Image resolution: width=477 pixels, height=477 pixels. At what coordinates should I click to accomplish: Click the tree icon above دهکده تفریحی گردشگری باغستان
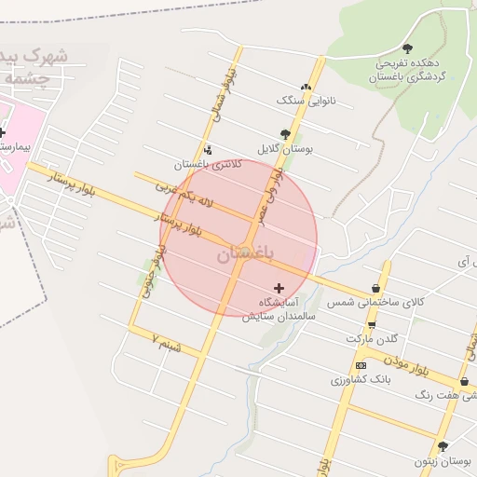pos(407,48)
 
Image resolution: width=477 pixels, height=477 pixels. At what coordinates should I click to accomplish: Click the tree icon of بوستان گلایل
pos(285,134)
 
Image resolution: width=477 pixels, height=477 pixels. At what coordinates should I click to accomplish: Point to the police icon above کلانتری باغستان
pos(207,149)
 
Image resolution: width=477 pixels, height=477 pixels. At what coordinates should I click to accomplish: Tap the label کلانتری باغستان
pos(208,165)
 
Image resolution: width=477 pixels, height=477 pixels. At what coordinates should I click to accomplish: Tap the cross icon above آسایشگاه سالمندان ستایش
pos(279,289)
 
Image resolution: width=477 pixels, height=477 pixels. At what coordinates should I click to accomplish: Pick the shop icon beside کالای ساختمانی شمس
pos(375,288)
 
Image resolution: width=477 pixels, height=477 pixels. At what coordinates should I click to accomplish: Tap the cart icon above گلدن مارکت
pos(372,324)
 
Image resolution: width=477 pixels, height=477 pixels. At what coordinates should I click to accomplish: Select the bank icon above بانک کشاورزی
pos(361,365)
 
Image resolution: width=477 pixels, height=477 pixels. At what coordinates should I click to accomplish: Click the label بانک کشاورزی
pos(359,380)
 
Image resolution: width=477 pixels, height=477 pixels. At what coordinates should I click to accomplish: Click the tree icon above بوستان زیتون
pos(443,446)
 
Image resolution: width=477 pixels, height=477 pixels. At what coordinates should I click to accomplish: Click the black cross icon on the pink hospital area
pos(3,132)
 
